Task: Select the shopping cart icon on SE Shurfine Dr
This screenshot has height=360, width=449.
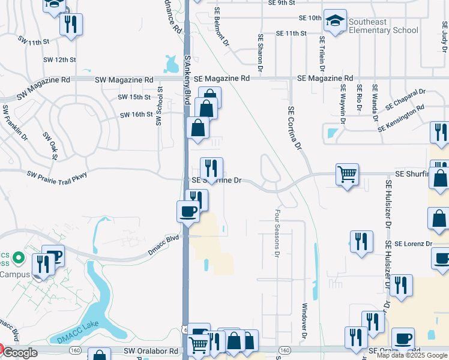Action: click(x=347, y=175)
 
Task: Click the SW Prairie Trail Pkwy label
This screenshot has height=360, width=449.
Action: click(x=57, y=175)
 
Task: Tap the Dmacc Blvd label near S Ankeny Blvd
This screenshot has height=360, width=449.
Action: click(x=164, y=239)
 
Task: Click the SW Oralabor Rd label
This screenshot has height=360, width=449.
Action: click(x=151, y=350)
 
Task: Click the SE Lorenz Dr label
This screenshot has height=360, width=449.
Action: click(x=409, y=244)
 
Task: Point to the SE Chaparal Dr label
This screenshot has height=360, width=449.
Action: click(x=405, y=99)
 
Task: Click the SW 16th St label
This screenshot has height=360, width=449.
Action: click(x=136, y=115)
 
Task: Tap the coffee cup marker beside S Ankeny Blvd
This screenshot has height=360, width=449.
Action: click(x=188, y=211)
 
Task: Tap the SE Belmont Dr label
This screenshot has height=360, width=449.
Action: click(x=220, y=28)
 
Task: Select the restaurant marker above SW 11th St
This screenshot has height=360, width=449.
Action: click(x=71, y=25)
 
